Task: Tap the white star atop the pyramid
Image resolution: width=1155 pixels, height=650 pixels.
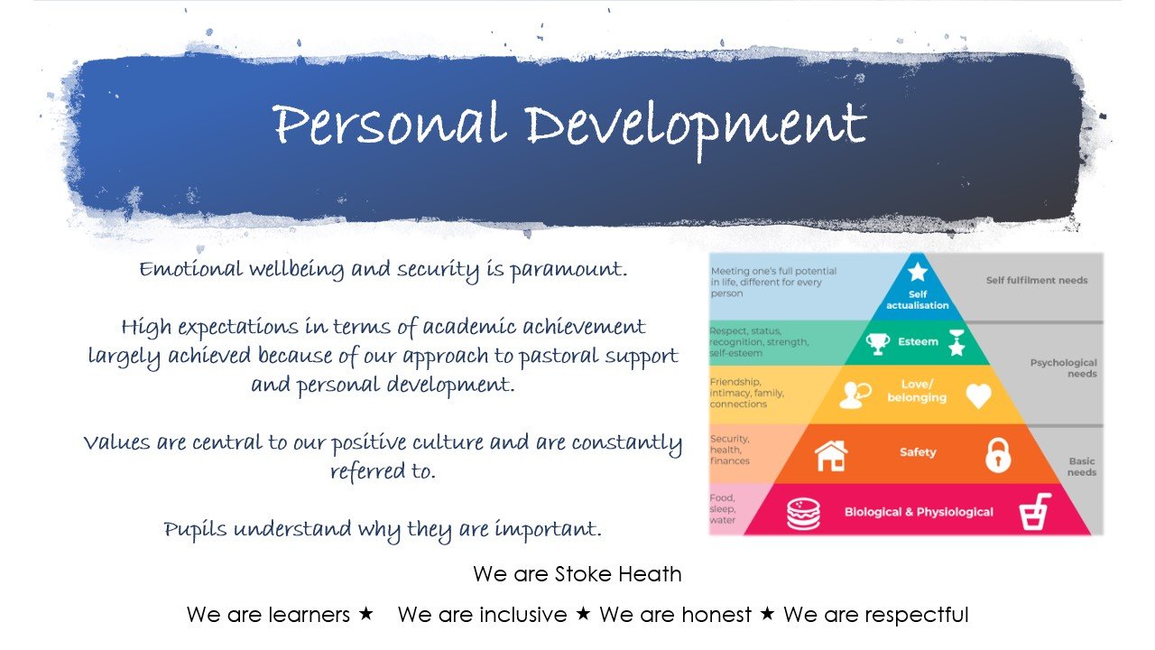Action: (918, 272)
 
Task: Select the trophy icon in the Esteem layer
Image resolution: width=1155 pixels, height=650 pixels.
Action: (877, 343)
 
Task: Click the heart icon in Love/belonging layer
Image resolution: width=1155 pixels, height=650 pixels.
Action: (978, 395)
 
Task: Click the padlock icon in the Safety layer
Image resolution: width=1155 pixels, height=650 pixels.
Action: (998, 454)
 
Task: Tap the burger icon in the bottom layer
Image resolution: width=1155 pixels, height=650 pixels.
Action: (802, 513)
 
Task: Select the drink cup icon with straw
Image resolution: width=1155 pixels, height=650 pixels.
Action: (1034, 512)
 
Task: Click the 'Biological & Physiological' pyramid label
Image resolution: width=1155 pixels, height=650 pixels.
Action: (919, 512)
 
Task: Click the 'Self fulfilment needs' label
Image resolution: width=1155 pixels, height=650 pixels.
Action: (1036, 281)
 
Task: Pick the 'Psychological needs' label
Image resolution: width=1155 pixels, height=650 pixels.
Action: (1063, 368)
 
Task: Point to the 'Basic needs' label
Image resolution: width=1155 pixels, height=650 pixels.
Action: (1081, 467)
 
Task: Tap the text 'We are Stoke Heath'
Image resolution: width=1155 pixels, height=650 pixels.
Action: (577, 574)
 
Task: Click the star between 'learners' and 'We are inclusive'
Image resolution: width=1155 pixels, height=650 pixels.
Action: (365, 614)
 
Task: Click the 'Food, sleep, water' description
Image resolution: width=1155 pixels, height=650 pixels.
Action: (723, 509)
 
